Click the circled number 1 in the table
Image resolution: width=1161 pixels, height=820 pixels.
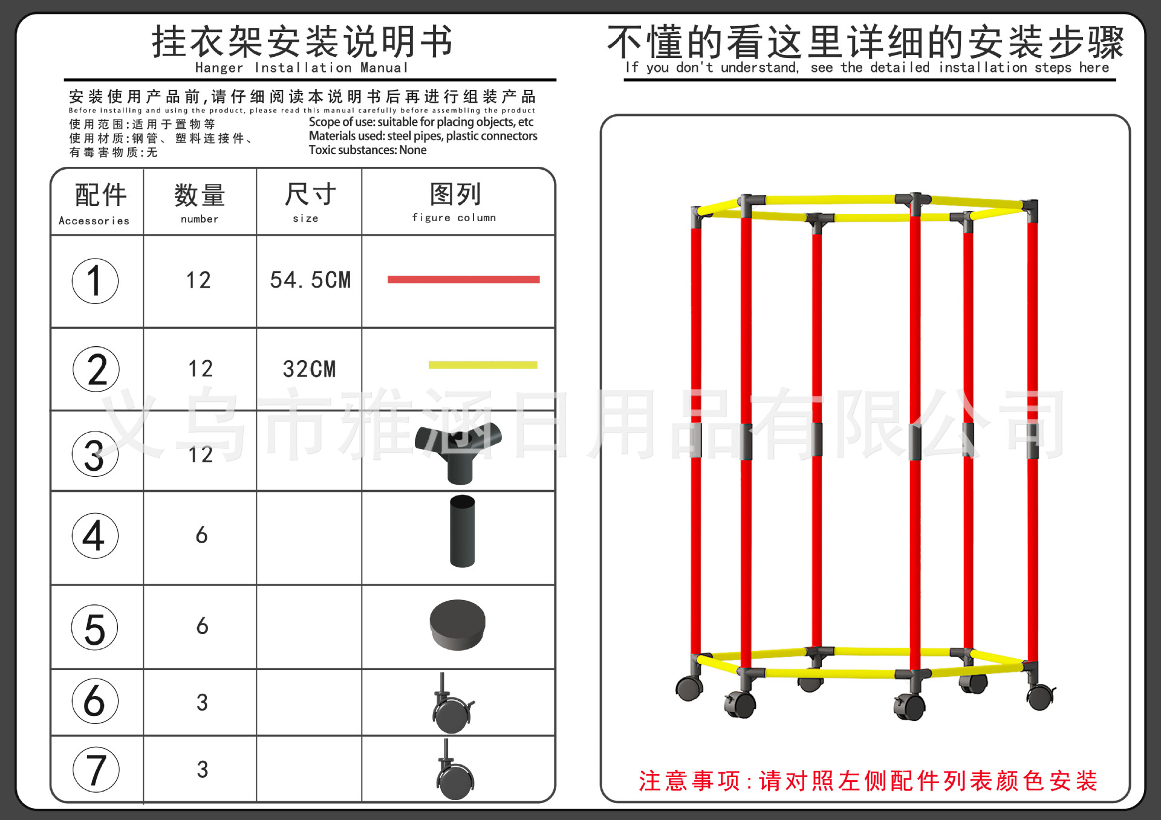click(x=95, y=281)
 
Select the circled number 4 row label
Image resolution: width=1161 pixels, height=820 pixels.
click(x=95, y=535)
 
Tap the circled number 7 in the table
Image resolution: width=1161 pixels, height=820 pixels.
click(x=96, y=769)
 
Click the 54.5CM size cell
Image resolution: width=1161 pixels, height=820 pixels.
click(x=310, y=280)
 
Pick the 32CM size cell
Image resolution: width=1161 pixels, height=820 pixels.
click(x=309, y=369)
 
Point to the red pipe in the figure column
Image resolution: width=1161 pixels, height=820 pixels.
click(x=464, y=279)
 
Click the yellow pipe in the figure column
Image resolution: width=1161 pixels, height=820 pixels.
click(x=483, y=365)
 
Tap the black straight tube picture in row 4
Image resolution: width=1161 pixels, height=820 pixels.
click(x=463, y=531)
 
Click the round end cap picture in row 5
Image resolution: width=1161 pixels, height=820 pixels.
click(x=458, y=625)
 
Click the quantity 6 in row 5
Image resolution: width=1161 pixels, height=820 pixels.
click(x=203, y=626)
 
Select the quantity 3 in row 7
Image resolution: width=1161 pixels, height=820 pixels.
click(x=203, y=769)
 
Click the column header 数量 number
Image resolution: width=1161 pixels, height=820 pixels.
click(x=200, y=202)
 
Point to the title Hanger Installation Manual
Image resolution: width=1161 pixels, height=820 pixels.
click(x=302, y=68)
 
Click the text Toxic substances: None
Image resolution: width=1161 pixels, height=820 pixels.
click(x=368, y=150)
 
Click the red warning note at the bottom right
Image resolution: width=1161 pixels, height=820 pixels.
click(x=868, y=781)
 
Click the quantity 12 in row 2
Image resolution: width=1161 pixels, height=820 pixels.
click(x=200, y=369)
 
